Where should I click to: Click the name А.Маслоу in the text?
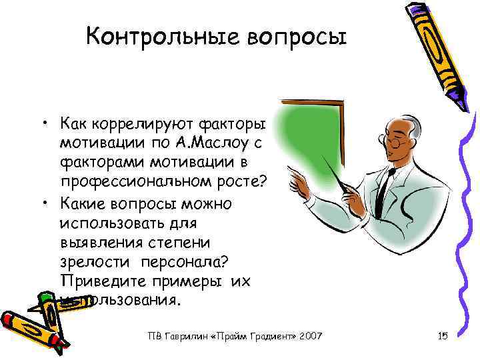tap(203, 143)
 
